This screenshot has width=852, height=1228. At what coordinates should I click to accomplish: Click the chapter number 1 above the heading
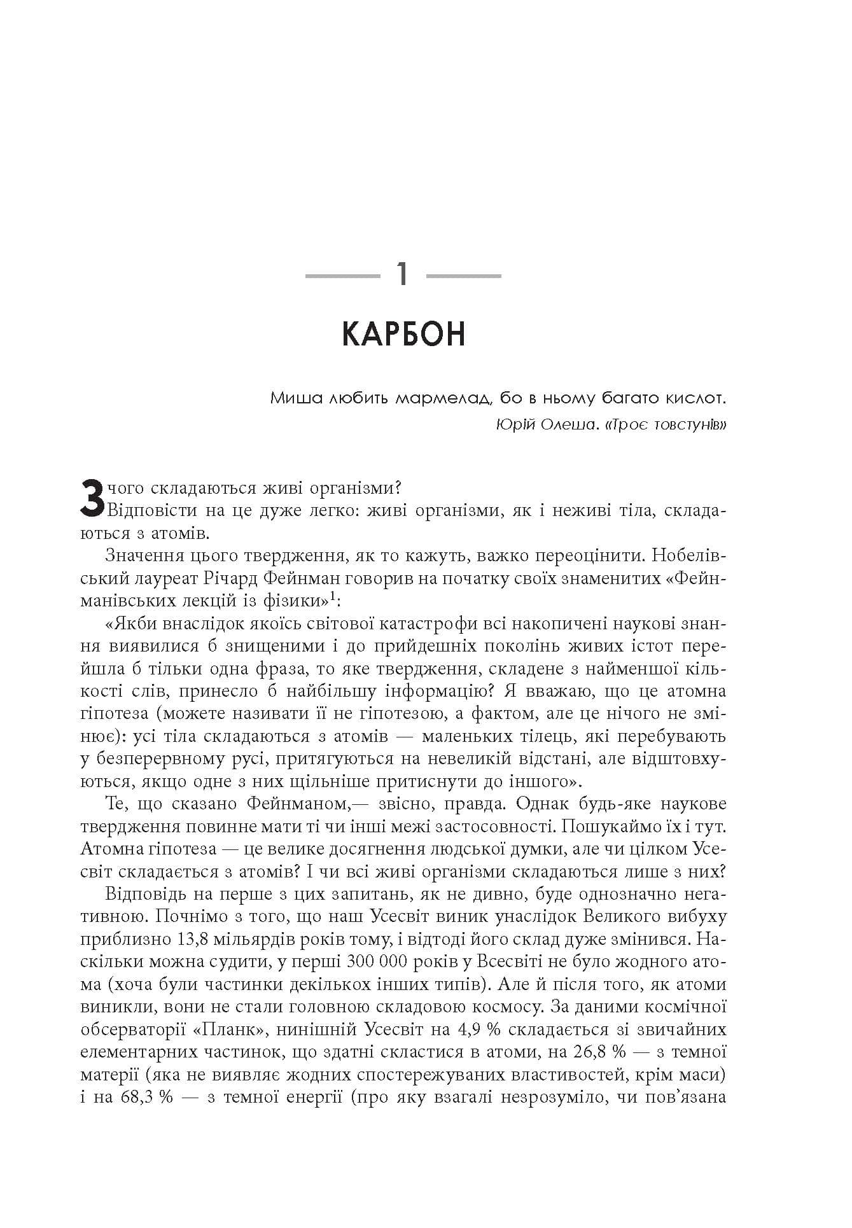click(x=403, y=275)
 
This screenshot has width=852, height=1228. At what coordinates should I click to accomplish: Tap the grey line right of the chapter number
click(x=463, y=276)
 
